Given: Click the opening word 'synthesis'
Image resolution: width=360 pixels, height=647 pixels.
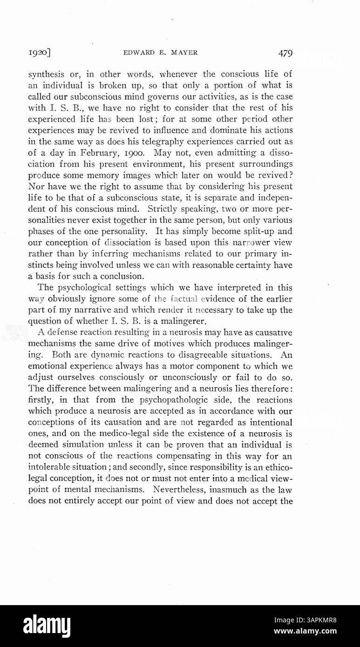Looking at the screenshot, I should (46, 74).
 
